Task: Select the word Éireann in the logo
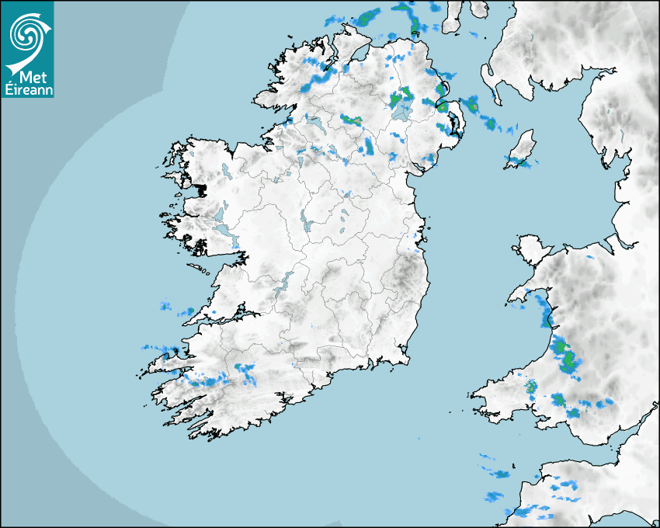27,89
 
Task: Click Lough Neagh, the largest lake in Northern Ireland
402,111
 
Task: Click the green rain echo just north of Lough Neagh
401,99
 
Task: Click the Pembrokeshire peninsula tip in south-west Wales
478,398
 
